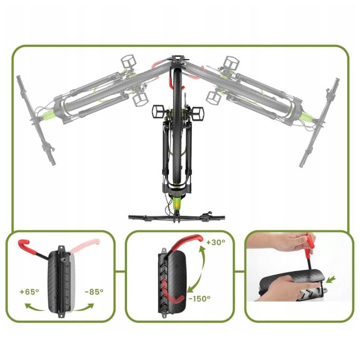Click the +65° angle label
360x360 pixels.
click(x=29, y=292)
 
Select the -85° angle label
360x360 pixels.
click(x=94, y=292)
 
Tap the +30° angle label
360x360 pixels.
click(x=216, y=243)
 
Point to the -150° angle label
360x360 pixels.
click(x=199, y=299)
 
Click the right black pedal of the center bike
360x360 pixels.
click(x=197, y=113)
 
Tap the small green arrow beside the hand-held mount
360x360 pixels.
click(x=331, y=279)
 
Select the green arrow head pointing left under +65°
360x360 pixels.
click(x=28, y=306)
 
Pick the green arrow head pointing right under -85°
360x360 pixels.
click(x=90, y=306)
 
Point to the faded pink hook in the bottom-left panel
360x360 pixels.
click(x=85, y=245)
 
